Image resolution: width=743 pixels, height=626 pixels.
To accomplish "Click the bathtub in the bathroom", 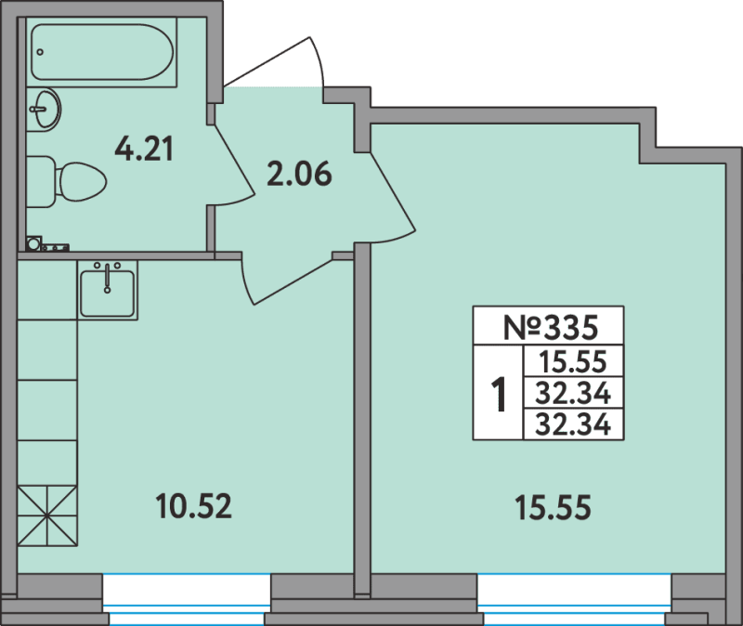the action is [102, 52].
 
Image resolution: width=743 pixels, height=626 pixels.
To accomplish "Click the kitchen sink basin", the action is [108, 291].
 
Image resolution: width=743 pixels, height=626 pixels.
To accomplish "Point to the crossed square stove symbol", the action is [47, 516].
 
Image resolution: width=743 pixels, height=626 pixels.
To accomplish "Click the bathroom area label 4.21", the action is [145, 149].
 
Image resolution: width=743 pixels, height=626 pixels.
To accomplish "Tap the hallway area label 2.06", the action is [299, 174].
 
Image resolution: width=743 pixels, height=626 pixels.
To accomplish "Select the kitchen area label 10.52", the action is [194, 505].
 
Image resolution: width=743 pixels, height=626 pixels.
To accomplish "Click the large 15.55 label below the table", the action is [553, 507].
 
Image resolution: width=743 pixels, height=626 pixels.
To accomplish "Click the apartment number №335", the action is [550, 327].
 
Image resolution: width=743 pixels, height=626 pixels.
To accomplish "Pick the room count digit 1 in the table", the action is [498, 393].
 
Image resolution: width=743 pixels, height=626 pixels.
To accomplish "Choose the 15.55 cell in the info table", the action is [573, 361].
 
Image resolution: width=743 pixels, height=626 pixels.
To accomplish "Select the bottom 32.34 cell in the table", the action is [573, 424].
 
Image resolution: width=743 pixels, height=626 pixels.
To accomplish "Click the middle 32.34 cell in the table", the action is [573, 393].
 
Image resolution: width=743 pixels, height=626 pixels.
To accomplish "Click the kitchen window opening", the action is [187, 599].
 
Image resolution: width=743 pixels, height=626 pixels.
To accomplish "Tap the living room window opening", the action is [574, 599].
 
